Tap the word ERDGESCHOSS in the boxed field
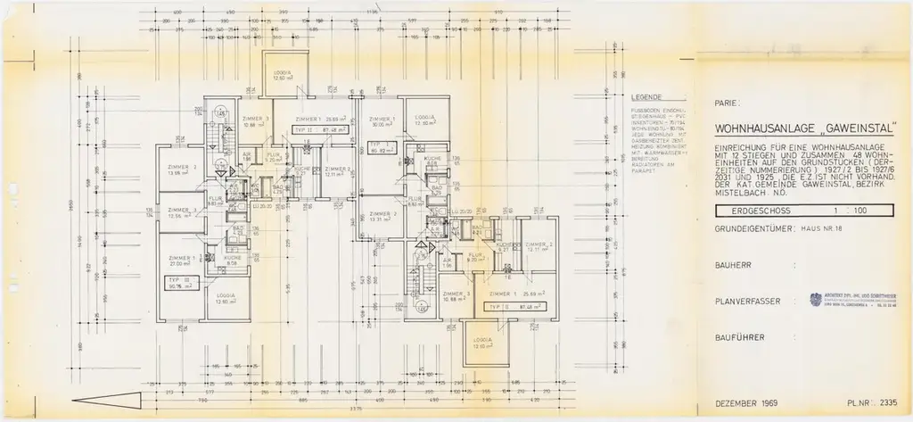[x=751, y=211]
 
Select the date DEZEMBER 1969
[x=746, y=403]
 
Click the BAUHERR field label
[x=733, y=266]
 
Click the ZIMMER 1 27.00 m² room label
[x=181, y=261]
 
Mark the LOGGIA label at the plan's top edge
[x=283, y=74]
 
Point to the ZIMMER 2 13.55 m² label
[x=181, y=170]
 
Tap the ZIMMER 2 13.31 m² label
[x=380, y=217]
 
